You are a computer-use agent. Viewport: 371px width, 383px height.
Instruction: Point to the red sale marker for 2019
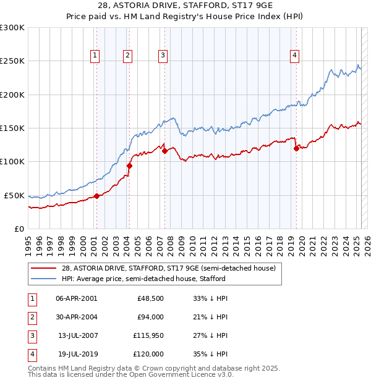coord(297,148)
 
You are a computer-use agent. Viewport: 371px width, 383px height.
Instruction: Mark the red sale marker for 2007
coord(165,151)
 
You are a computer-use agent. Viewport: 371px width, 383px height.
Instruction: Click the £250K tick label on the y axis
coord(12,61)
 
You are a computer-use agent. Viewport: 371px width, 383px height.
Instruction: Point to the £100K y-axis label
coord(12,161)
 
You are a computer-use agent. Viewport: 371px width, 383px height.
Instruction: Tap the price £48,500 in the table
coord(151,298)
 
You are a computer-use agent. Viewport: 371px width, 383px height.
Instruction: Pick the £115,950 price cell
coord(148,335)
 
